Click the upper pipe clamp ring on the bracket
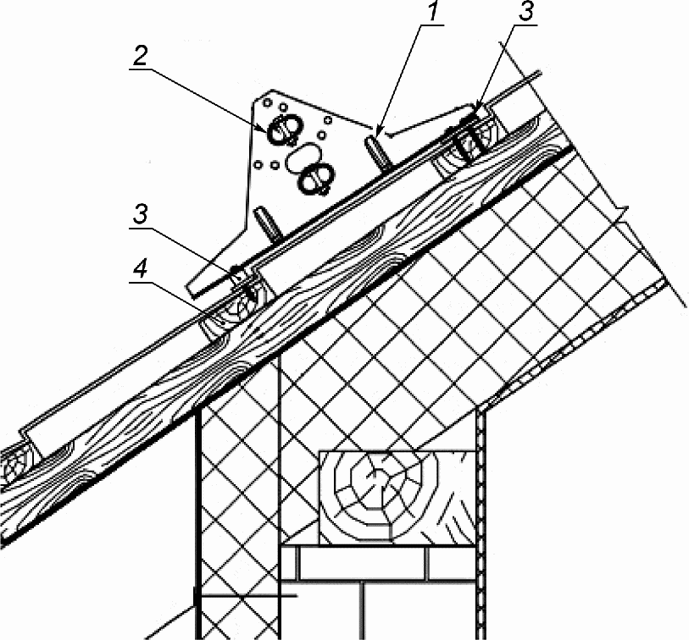point(283,130)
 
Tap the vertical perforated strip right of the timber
point(480,525)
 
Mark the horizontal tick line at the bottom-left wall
point(246,597)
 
